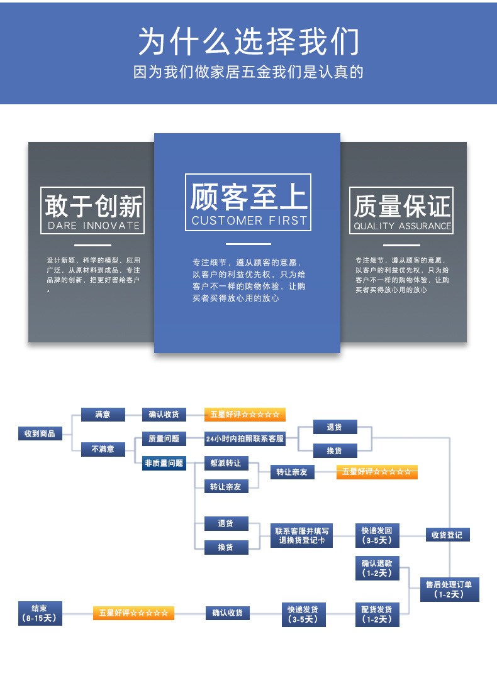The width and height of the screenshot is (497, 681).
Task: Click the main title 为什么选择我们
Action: [x=248, y=41]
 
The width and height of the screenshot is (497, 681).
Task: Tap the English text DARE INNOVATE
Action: [x=93, y=226]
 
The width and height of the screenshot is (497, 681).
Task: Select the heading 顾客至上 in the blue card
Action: [x=248, y=196]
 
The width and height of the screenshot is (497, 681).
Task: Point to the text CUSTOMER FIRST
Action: [x=249, y=221]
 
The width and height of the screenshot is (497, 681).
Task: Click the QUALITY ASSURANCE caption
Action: [x=402, y=226]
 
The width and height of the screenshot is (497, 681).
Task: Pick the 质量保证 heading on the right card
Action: [x=402, y=205]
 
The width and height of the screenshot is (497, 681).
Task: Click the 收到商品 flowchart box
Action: [x=40, y=433]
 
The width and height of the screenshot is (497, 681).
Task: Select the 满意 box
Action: [x=103, y=415]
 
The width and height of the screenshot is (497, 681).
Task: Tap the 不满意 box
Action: [x=103, y=449]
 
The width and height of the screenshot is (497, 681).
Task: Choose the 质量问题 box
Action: [x=164, y=439]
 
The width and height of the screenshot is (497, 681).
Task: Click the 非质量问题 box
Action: [x=164, y=463]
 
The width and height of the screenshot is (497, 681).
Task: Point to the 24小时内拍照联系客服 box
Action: [x=245, y=439]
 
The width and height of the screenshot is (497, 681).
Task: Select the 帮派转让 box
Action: [x=226, y=464]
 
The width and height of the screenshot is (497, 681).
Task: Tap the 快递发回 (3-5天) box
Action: [x=377, y=535]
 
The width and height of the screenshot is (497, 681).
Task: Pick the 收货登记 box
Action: [x=447, y=535]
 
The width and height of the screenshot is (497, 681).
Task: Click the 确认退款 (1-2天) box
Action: [x=377, y=568]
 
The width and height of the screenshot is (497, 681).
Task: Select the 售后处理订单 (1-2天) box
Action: [x=448, y=589]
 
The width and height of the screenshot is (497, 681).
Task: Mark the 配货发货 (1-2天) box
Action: [x=377, y=614]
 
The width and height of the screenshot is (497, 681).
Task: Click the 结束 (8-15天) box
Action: [x=41, y=613]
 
